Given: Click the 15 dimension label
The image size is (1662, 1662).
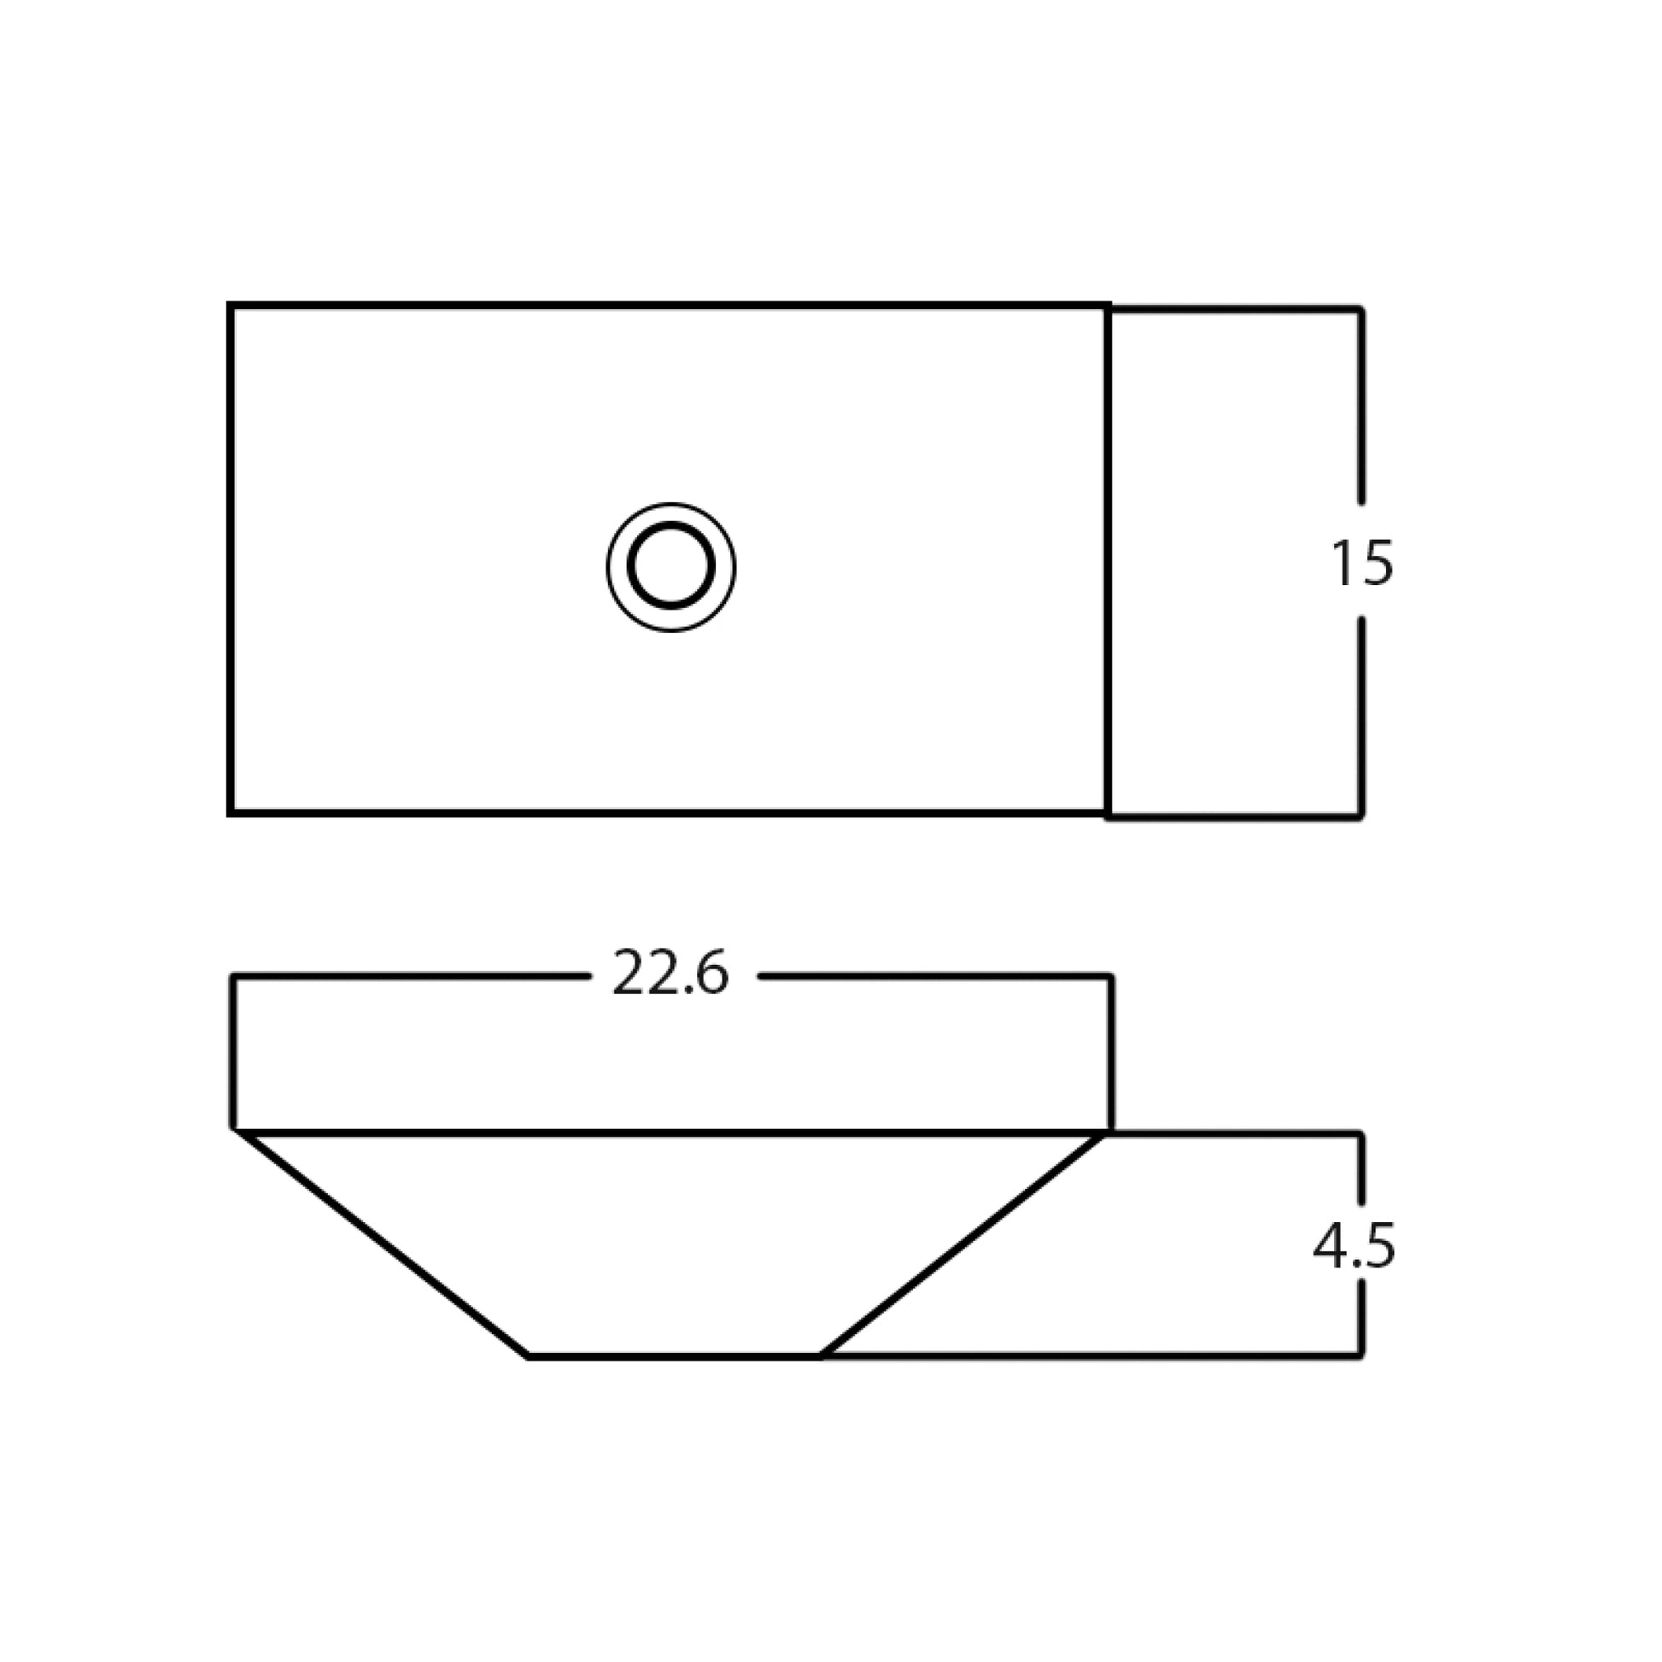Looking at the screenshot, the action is click(1361, 564).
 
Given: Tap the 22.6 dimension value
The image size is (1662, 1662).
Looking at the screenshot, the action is click(670, 974).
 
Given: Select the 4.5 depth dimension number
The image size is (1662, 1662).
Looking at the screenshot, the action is click(1354, 1247).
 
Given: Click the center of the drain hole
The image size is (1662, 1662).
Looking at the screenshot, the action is click(671, 566).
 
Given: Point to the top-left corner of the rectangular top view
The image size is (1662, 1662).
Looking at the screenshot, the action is click(231, 306).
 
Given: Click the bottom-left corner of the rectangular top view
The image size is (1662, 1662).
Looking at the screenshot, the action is click(231, 812).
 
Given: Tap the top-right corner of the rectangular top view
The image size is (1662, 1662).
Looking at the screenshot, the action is click(1108, 306).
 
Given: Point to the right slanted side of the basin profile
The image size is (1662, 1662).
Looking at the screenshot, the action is click(962, 1244).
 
